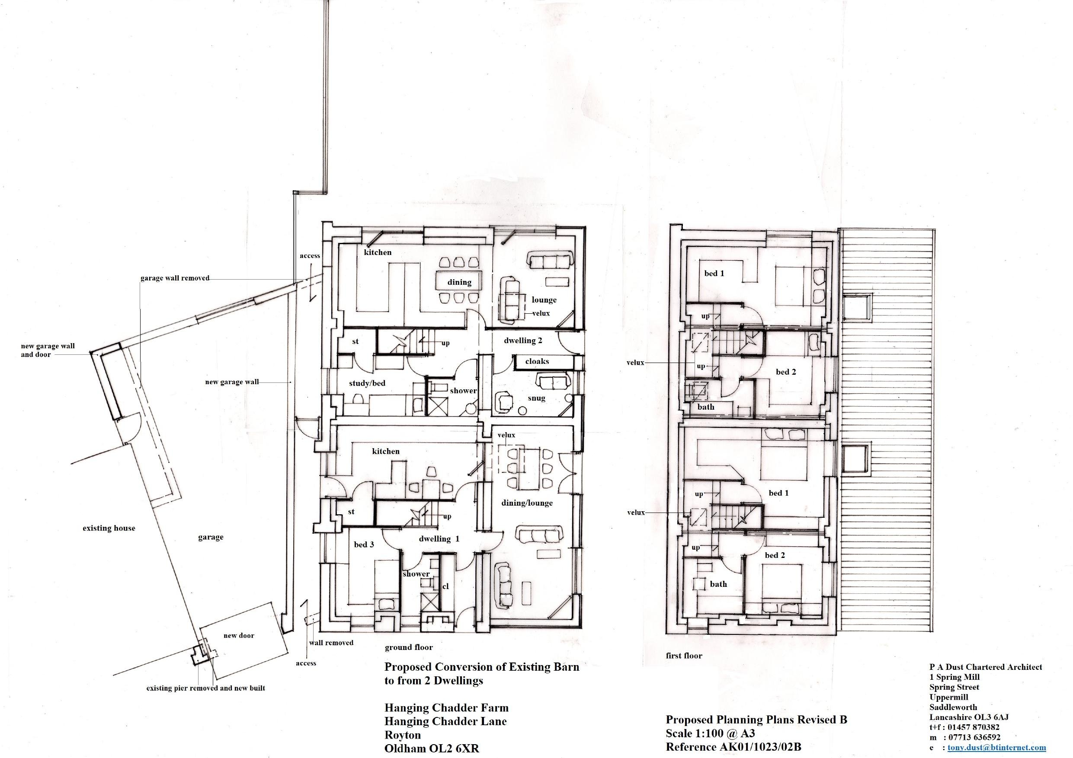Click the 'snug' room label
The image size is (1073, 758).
pos(536,398)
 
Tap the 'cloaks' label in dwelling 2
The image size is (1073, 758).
pos(537,361)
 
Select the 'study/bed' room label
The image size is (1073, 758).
pos(367,383)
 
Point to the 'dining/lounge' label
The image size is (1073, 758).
pos(527,503)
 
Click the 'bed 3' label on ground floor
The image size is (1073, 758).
pos(364,544)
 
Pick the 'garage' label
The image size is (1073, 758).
pos(210,537)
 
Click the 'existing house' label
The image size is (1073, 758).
pos(109,528)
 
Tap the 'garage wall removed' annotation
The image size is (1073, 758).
pos(175,278)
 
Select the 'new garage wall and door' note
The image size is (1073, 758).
pos(48,350)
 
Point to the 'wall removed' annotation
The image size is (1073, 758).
pos(331,643)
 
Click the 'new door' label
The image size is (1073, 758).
pos(239,636)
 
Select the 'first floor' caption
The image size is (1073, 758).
pos(684,656)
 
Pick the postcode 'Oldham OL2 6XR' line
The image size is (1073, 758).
pos(432,748)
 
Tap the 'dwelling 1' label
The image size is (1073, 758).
pos(439,538)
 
